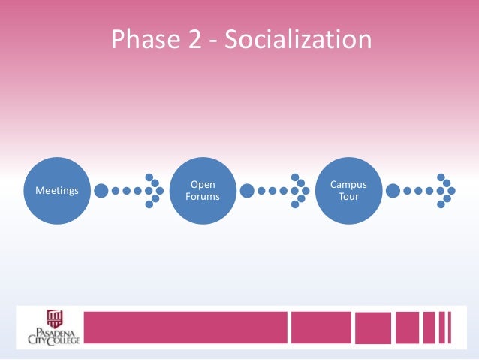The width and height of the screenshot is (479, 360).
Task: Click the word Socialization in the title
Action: pyautogui.click(x=300, y=39)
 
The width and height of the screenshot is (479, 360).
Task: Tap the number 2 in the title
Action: pyautogui.click(x=194, y=39)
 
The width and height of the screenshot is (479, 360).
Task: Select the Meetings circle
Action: pyautogui.click(x=57, y=191)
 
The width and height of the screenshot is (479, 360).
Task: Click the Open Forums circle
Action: pyautogui.click(x=203, y=191)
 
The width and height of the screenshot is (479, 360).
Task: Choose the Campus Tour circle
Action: pyautogui.click(x=349, y=191)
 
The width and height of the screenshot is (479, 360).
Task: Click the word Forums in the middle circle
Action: pyautogui.click(x=203, y=198)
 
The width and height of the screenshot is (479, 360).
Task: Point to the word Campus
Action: pyautogui.click(x=349, y=185)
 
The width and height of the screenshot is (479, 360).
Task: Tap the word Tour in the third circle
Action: pyautogui.click(x=349, y=198)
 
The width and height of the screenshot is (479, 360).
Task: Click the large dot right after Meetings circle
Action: pyautogui.click(x=101, y=191)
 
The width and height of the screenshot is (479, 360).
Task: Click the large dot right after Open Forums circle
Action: pyautogui.click(x=247, y=191)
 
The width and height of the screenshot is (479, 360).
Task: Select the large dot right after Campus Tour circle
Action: pyautogui.click(x=393, y=191)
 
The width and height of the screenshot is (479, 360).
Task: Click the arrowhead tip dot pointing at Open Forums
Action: pyautogui.click(x=160, y=191)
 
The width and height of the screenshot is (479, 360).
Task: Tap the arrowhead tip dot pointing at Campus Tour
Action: pyautogui.click(x=306, y=191)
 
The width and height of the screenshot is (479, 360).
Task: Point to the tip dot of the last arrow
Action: pyautogui.click(x=452, y=191)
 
